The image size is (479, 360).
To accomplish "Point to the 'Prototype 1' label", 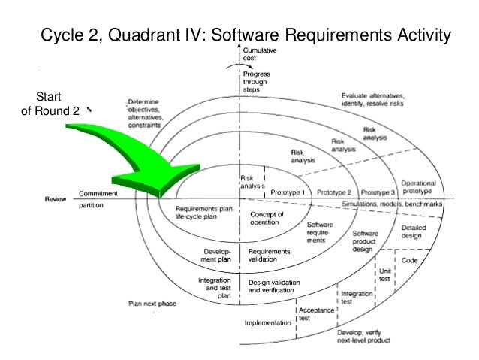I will click(288, 192).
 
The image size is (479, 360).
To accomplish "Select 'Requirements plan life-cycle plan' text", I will click(200, 213).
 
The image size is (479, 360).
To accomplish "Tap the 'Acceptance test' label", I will click(311, 313).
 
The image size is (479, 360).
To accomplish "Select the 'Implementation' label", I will click(267, 323).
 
